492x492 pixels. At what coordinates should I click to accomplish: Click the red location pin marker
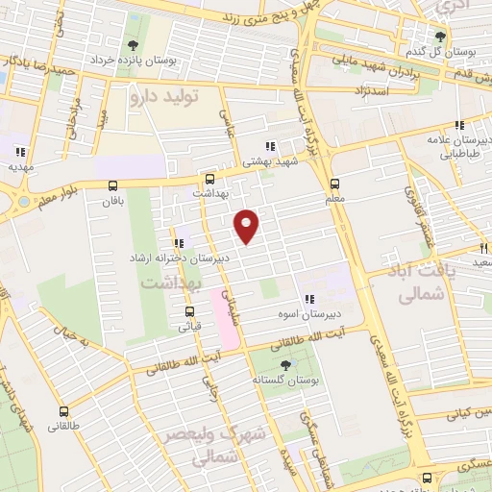coord(248,225)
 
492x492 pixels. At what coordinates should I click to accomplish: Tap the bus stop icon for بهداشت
coord(210,178)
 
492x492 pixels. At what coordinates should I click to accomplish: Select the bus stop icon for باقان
coord(113,185)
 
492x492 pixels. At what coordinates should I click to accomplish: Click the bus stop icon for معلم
coord(334,184)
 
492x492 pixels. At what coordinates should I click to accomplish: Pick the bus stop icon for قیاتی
coord(189,310)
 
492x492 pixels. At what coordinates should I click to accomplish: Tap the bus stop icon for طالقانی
coord(63,410)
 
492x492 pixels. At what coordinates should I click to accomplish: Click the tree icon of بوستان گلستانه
coord(285,364)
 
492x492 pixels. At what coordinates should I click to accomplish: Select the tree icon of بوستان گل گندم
coord(441,37)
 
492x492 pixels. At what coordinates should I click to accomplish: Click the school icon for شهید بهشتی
coord(271,147)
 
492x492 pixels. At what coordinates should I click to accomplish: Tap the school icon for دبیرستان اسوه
coord(309,299)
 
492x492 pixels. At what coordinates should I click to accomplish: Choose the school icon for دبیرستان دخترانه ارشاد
coord(178,243)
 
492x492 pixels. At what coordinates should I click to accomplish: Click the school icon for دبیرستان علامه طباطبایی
coord(460,125)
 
